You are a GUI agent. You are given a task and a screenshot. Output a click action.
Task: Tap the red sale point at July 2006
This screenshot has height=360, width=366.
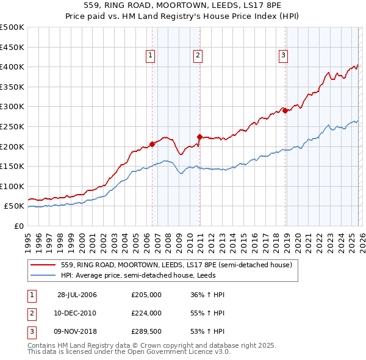[152, 144]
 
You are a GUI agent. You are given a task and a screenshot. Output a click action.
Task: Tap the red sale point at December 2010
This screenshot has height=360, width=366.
[199, 136]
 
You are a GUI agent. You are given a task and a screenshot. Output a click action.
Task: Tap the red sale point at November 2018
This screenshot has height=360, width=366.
[285, 110]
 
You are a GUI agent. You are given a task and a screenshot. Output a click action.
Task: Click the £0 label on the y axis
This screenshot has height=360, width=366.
[18, 226]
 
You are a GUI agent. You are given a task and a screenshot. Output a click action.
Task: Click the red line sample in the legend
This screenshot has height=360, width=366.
[43, 265]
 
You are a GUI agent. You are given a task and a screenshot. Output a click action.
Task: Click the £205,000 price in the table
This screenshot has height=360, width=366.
[146, 295]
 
